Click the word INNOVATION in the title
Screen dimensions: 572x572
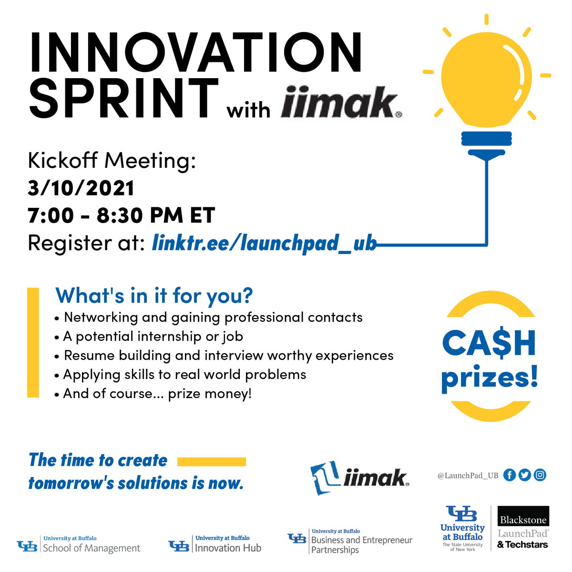pos(195,52)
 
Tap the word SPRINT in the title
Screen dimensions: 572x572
pos(124,99)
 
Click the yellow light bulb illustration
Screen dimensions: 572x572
pos(486,76)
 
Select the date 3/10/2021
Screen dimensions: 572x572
pos(81,188)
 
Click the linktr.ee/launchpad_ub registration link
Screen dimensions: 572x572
pos(264,243)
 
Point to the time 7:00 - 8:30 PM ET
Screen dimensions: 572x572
pos(122,215)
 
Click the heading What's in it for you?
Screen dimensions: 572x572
pos(154,296)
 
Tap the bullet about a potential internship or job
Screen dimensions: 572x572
pos(153,337)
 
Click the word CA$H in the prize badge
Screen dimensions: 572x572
pos(489,343)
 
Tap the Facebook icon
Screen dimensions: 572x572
pos(510,475)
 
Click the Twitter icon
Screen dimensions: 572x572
pos(525,475)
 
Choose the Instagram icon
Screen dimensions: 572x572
pos(540,475)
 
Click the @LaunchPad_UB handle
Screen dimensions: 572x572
pos(468,475)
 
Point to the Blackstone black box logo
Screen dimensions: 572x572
pos(523,519)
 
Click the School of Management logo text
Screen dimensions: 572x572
pos(92,548)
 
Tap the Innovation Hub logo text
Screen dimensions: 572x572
pos(228,548)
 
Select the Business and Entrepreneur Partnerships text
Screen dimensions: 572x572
pos(361,545)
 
